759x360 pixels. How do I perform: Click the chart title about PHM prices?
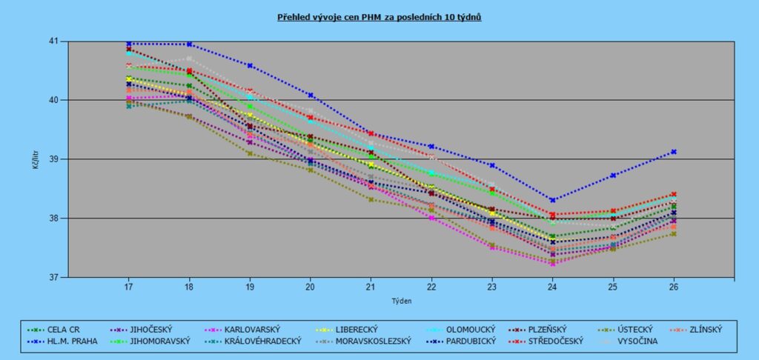tap(379, 16)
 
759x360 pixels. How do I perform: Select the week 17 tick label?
tap(128, 286)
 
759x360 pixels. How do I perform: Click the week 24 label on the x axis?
tap(552, 286)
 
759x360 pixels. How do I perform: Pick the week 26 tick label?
tap(674, 286)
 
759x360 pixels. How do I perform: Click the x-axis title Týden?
tap(401, 301)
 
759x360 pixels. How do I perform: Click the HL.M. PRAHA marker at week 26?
tap(674, 152)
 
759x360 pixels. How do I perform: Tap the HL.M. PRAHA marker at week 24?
tap(552, 200)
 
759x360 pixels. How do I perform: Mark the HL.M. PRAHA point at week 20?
tap(311, 95)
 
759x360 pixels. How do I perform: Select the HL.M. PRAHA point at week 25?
tap(613, 176)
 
